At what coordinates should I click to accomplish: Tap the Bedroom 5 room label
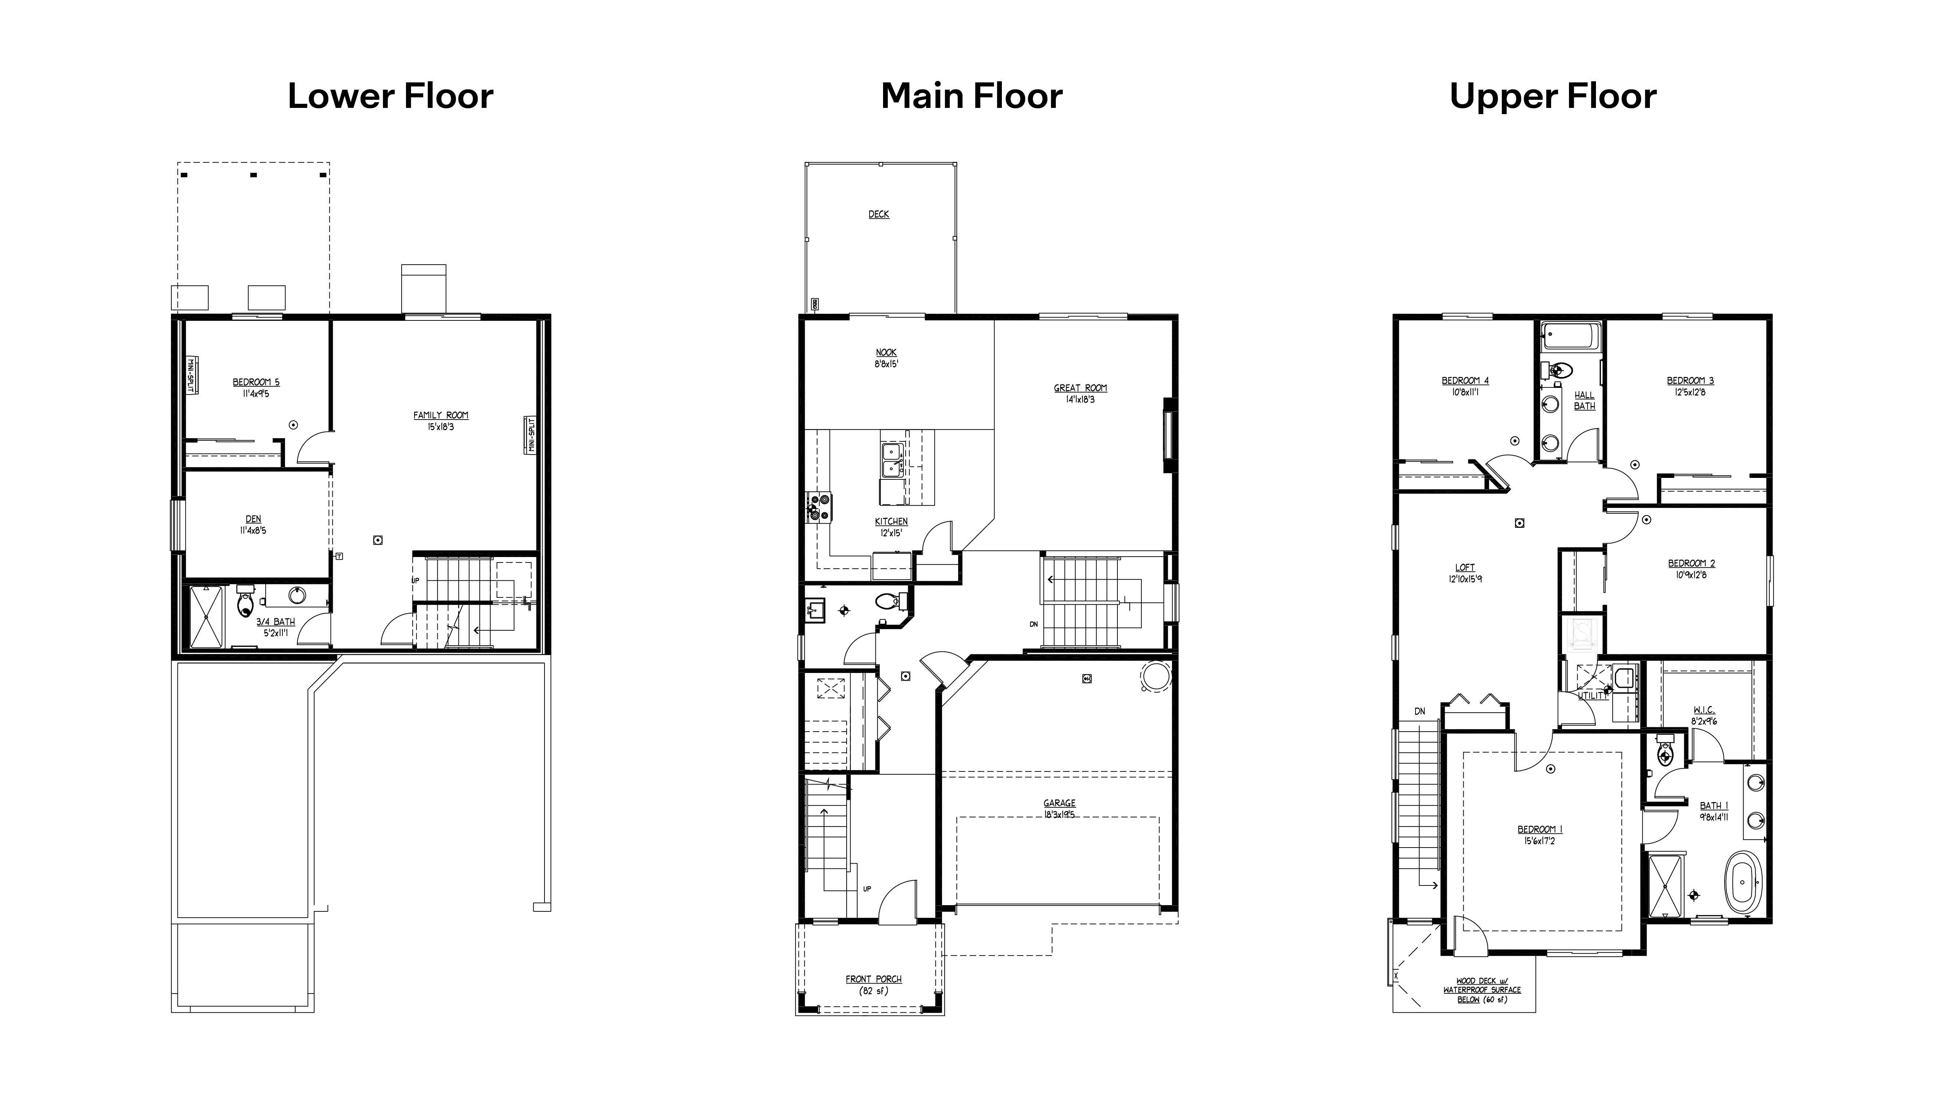(x=256, y=382)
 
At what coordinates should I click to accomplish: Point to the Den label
(x=254, y=519)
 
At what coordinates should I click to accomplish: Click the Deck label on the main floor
(x=878, y=214)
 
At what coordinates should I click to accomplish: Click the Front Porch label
(x=873, y=979)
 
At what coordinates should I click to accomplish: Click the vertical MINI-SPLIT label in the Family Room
(x=531, y=435)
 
